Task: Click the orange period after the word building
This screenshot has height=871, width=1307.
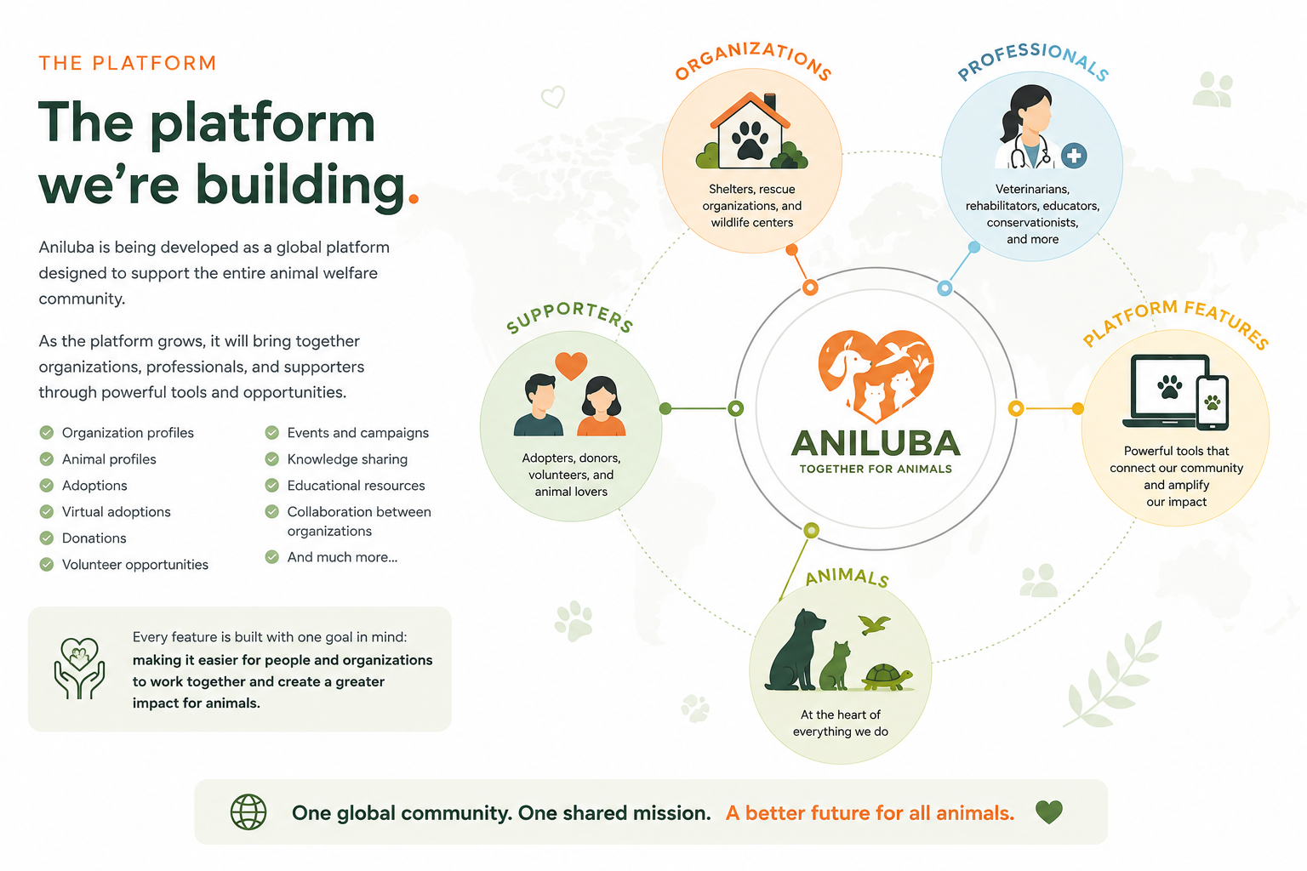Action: [414, 198]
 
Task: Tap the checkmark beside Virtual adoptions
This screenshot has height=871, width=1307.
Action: [47, 512]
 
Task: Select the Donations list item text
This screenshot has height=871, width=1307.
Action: [94, 538]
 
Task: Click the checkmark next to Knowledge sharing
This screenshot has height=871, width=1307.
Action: [272, 459]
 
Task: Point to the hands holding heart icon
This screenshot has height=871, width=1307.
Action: [79, 668]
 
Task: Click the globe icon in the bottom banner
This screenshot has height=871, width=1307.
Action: [248, 812]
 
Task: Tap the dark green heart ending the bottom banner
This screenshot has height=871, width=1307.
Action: [1049, 812]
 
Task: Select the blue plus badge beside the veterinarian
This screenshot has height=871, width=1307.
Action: [1074, 156]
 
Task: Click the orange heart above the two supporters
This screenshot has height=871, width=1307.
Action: [571, 366]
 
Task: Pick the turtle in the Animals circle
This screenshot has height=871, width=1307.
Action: [887, 677]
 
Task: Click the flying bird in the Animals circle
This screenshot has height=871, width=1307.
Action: [875, 624]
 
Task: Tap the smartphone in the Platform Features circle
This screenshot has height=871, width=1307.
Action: [1213, 403]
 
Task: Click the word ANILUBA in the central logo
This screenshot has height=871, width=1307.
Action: [876, 443]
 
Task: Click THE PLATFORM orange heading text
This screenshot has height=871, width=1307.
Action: [128, 63]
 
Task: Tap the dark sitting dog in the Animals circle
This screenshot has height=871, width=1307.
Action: [795, 650]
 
